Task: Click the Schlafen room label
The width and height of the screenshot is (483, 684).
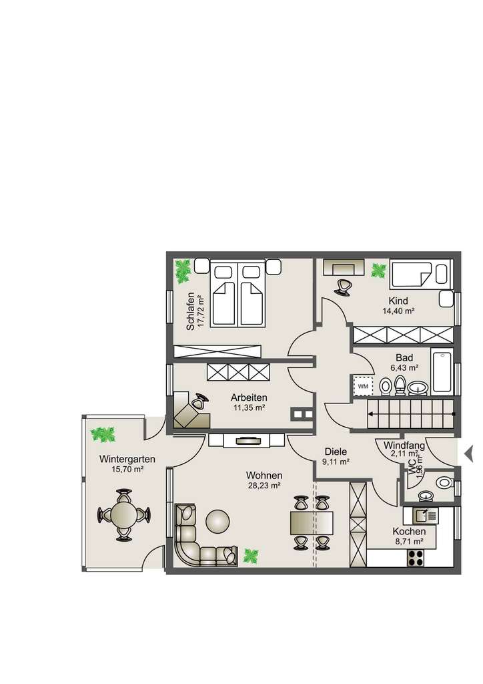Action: click(191, 312)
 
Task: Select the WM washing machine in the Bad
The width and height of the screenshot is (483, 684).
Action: click(363, 386)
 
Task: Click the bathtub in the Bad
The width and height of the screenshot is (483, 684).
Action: click(442, 371)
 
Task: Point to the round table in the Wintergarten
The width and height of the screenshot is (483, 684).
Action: click(124, 515)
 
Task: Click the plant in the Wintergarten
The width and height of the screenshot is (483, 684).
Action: click(103, 435)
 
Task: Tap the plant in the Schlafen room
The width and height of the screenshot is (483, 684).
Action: click(182, 271)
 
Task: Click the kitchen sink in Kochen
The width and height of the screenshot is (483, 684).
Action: click(424, 514)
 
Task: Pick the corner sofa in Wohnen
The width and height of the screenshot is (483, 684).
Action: click(193, 538)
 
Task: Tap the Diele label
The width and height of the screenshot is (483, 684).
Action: click(336, 451)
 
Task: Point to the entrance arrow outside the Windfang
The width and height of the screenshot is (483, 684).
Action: click(468, 454)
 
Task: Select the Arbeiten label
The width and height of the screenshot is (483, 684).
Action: click(248, 396)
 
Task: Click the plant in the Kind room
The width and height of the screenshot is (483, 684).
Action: click(378, 271)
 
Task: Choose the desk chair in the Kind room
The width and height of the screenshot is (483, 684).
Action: click(343, 286)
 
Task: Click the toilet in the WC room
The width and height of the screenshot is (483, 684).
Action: click(442, 481)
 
